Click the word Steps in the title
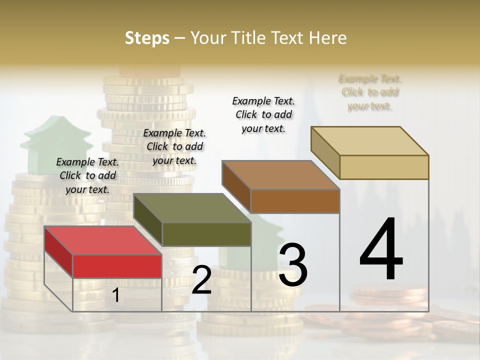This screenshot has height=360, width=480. pyautogui.click(x=147, y=38)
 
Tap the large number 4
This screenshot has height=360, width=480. pyautogui.click(x=381, y=249)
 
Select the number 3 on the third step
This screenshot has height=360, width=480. pyautogui.click(x=292, y=264)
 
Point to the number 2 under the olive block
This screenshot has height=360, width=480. pyautogui.click(x=201, y=280)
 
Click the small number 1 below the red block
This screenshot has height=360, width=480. pyautogui.click(x=116, y=295)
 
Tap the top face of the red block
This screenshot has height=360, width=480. pyautogui.click(x=102, y=240)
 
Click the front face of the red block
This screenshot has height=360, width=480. pyautogui.click(x=117, y=266)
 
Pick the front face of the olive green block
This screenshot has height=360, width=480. pyautogui.click(x=206, y=234)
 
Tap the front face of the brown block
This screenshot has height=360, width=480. pyautogui.click(x=295, y=201)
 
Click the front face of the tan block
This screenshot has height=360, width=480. pyautogui.click(x=384, y=167)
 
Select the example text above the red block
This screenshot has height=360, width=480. pyautogui.click(x=87, y=175)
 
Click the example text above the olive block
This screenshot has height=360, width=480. pyautogui.click(x=174, y=146)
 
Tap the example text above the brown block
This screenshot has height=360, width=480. pyautogui.click(x=263, y=114)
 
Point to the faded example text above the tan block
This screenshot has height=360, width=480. pyautogui.click(x=370, y=92)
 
